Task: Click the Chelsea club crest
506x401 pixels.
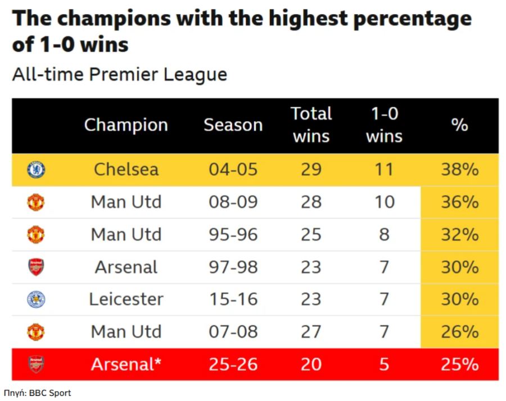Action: point(36,170)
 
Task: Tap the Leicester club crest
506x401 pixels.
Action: point(36,299)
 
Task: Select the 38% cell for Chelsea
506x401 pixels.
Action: point(459,170)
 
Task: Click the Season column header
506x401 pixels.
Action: point(233,125)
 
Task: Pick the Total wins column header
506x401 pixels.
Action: point(311,125)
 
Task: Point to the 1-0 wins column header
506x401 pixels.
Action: point(384,125)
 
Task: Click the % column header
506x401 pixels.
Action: point(459,125)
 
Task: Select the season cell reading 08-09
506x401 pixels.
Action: point(233,202)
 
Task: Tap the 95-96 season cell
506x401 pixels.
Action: point(233,234)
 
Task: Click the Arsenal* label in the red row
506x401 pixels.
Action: point(126,364)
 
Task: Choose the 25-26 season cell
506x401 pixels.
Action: point(233,364)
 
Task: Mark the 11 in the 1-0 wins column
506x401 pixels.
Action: point(384,170)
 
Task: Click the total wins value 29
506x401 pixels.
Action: point(311,170)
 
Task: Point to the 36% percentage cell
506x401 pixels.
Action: point(459,202)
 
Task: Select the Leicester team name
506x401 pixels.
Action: point(126,299)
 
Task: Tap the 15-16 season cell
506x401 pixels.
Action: point(233,299)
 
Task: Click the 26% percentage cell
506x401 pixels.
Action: point(459,331)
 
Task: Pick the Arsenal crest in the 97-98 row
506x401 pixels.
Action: point(36,267)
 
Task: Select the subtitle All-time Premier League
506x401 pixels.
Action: point(120,75)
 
